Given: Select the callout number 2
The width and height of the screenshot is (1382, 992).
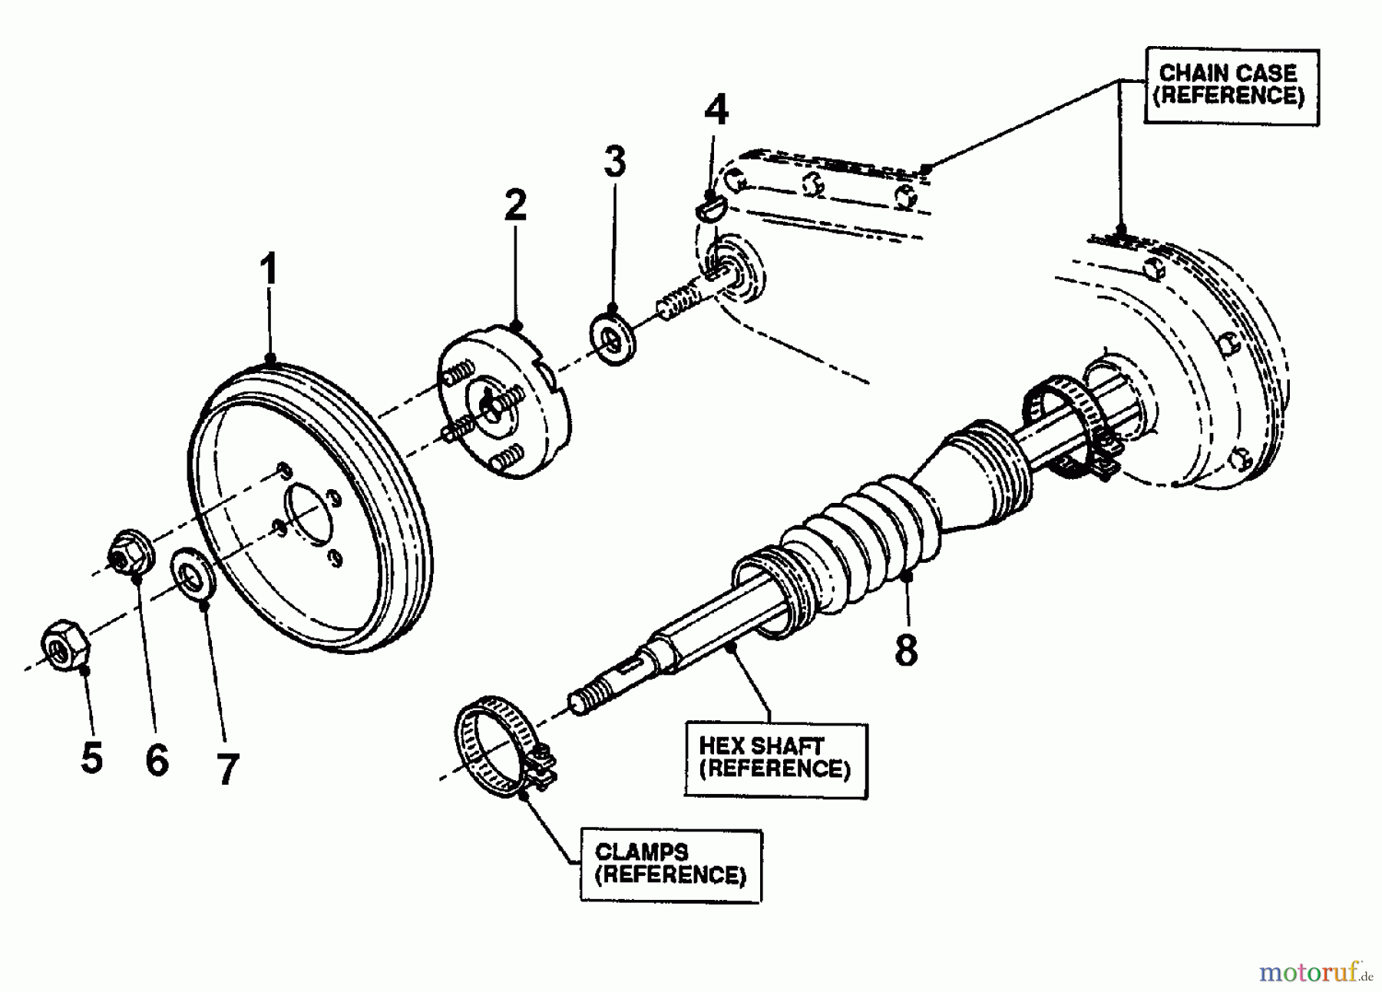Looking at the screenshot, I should coord(515,205).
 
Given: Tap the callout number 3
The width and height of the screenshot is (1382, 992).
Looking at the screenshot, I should coord(614,161).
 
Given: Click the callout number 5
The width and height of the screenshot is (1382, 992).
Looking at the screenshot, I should coord(91,759).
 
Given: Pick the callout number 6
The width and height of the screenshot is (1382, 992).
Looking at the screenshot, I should coord(157,760).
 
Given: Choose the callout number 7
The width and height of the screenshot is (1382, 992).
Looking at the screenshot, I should coord(226,769).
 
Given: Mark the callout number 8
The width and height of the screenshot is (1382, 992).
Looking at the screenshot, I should coord(906,650).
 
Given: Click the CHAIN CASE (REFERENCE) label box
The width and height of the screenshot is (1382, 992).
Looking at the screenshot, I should coord(1231,85).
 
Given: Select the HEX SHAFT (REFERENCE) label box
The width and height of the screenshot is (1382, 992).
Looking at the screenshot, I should coord(775,758).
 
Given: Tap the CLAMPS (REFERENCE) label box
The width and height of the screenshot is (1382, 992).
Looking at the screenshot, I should coord(670,864).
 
